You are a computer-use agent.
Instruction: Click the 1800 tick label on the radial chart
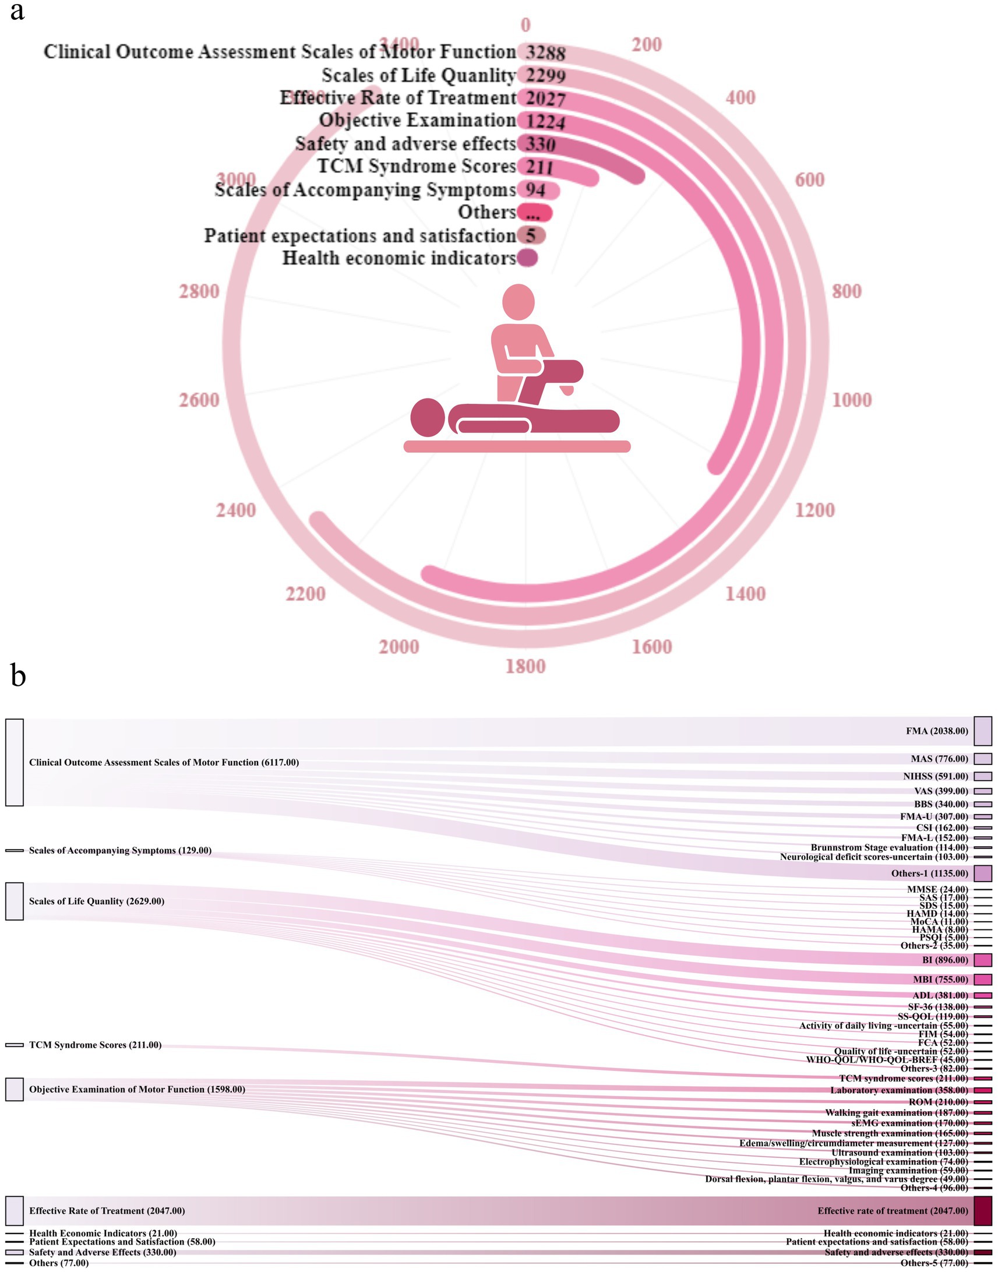tap(526, 666)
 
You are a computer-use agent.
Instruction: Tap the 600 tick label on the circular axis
tap(810, 179)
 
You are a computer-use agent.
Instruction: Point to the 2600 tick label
tap(199, 400)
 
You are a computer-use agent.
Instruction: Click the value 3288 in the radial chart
tap(545, 52)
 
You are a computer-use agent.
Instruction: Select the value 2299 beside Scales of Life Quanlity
tap(545, 75)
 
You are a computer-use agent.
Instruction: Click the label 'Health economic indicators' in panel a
tap(399, 258)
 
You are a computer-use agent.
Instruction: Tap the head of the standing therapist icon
tap(519, 301)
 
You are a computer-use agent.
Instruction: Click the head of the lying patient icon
tap(428, 417)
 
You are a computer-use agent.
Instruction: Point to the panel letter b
tap(18, 676)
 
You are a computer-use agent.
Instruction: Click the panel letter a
tap(17, 12)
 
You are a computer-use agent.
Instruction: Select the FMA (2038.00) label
tap(937, 731)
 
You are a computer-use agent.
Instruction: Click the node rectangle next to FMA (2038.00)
tap(983, 731)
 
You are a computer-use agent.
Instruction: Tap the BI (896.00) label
tap(945, 960)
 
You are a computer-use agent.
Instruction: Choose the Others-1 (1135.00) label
tap(930, 873)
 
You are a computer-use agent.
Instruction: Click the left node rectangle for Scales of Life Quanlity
tap(15, 901)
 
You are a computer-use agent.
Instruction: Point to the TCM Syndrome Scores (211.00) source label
tap(95, 1045)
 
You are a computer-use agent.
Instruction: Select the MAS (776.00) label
tap(939, 759)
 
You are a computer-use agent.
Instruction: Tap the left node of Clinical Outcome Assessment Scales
tap(15, 763)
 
